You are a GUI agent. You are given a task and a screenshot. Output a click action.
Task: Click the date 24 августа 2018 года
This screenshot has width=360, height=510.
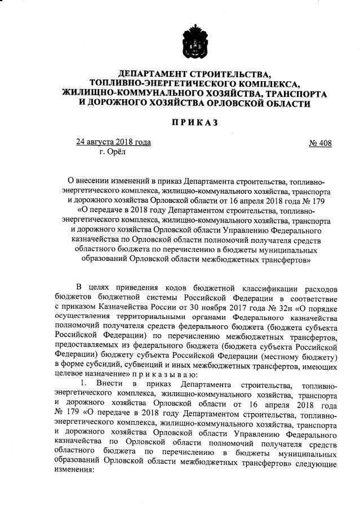[x=113, y=142]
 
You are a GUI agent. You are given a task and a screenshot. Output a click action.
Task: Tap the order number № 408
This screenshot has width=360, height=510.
[x=321, y=143]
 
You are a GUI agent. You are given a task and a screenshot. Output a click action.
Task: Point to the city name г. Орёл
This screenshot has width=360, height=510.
[x=113, y=151]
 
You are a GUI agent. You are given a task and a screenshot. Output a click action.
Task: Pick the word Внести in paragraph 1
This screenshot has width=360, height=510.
[x=108, y=384]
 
